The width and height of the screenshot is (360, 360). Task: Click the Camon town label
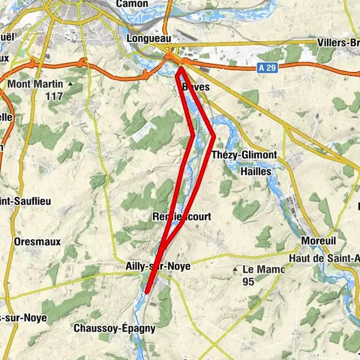pos(132,4)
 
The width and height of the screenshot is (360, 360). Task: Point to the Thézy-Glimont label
pos(244,154)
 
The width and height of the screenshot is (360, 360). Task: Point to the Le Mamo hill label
pos(265,269)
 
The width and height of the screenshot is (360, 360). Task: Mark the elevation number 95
pos(249,282)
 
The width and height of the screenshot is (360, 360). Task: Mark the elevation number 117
pos(52,97)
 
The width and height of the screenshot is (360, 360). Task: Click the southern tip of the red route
pos(148,290)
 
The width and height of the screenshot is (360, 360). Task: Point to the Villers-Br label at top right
pos(338,41)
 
